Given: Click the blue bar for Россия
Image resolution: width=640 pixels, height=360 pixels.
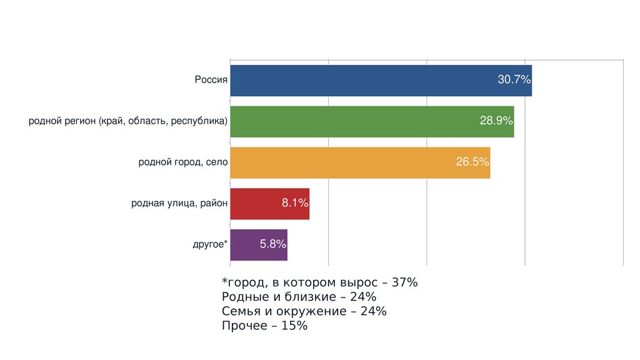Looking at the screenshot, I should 362,81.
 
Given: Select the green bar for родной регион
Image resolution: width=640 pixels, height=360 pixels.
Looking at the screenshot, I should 350,121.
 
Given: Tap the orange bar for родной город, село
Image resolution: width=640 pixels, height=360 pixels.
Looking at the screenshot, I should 337,162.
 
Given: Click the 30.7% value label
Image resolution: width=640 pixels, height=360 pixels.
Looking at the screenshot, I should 514,80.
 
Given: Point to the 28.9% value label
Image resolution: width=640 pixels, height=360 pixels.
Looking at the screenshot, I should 496,121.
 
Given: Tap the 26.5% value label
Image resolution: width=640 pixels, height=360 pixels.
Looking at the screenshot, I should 472,162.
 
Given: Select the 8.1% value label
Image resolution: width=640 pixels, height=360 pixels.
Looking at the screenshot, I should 295,203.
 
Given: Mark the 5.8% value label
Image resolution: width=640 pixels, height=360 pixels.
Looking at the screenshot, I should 272,244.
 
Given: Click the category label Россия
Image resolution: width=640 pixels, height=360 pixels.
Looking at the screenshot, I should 211,80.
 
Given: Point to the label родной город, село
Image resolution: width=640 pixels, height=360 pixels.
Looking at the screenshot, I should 183,162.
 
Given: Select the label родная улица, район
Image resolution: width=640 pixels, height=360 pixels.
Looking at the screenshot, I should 179,203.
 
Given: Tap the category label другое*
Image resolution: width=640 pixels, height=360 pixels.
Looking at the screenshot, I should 210,244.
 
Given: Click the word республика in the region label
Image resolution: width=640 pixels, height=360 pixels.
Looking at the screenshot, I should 199,121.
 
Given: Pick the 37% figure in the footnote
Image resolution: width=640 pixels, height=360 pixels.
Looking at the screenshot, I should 405,282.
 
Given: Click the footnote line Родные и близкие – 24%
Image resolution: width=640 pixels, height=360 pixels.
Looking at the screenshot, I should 299,297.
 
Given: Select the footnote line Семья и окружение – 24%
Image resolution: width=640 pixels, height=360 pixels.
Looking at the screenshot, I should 304,311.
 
